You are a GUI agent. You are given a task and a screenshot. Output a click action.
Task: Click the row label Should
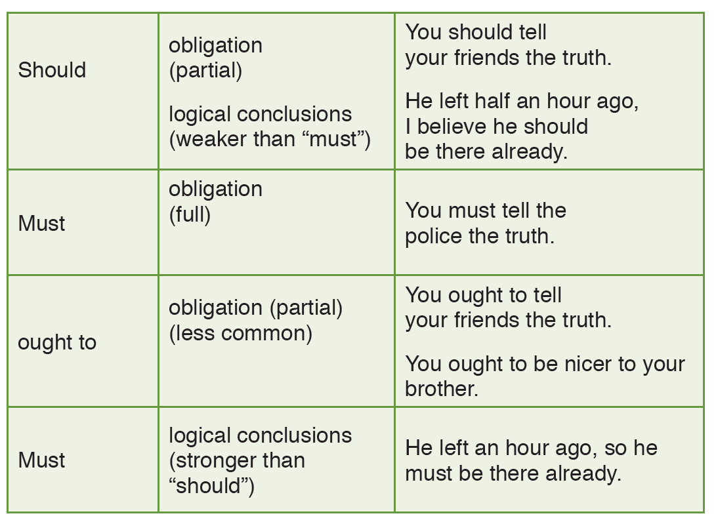pyautogui.click(x=52, y=70)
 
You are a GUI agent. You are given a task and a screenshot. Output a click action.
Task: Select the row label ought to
pyautogui.click(x=57, y=343)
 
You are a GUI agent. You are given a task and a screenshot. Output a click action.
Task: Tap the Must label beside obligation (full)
pyautogui.click(x=41, y=224)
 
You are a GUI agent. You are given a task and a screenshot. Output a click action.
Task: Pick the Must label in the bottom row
pyautogui.click(x=41, y=460)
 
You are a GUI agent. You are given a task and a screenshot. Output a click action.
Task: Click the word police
pyautogui.click(x=433, y=237)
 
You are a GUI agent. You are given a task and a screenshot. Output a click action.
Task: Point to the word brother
pyautogui.click(x=441, y=389)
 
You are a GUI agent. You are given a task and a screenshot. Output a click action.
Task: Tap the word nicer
pyautogui.click(x=588, y=364)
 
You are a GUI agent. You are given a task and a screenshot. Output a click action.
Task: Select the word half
pyautogui.click(x=492, y=101)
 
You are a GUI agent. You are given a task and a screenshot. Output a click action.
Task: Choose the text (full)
pyautogui.click(x=190, y=214)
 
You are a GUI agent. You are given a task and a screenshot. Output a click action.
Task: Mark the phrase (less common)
pyautogui.click(x=241, y=333)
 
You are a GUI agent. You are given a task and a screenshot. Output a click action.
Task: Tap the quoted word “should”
pyautogui.click(x=211, y=486)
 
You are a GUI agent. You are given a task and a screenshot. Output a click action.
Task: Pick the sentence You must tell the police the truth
pyautogui.click(x=486, y=224)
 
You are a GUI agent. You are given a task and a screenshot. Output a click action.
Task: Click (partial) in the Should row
pyautogui.click(x=205, y=71)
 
